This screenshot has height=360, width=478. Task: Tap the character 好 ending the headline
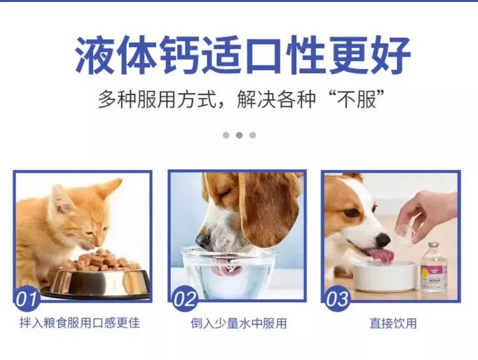pyautogui.click(x=391, y=55)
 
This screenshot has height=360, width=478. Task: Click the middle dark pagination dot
pyautogui.click(x=239, y=135)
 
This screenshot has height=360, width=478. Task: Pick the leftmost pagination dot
pyautogui.click(x=226, y=135)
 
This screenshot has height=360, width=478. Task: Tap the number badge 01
pyautogui.click(x=27, y=299)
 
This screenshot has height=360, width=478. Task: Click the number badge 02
pyautogui.click(x=185, y=299)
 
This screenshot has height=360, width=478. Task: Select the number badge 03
pyautogui.click(x=337, y=299)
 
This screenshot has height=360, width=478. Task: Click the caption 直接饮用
pyautogui.click(x=393, y=324)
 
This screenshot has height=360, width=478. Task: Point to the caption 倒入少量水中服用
pyautogui.click(x=239, y=324)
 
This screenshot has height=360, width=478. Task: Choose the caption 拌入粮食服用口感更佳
pyautogui.click(x=80, y=323)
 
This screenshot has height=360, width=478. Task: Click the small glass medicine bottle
pyautogui.click(x=433, y=268)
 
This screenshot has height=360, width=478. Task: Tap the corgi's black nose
pyautogui.click(x=383, y=240)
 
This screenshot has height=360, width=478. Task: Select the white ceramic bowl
pyautogui.click(x=385, y=276)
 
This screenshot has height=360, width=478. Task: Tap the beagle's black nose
pyautogui.click(x=202, y=240)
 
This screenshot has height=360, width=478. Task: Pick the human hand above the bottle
pyautogui.click(x=427, y=216)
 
